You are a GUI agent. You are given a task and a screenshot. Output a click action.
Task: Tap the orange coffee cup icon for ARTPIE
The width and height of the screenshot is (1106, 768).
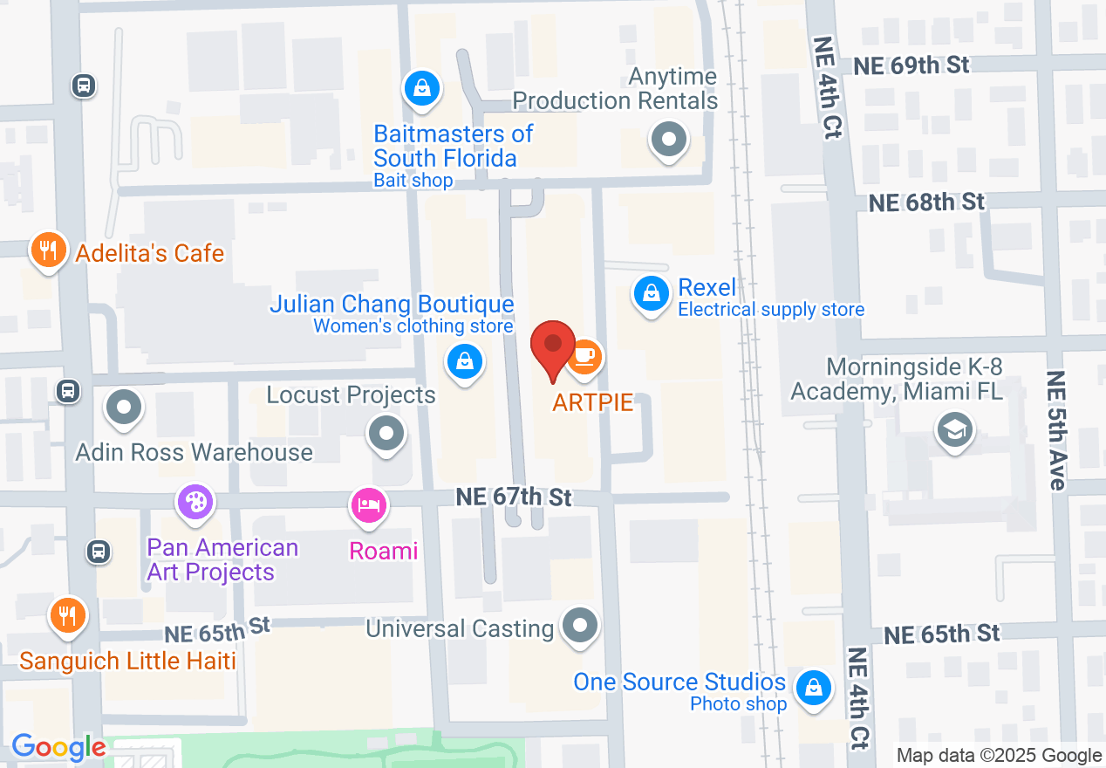pos(584,356)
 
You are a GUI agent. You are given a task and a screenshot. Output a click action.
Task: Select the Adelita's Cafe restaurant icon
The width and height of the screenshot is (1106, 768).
pos(48,251)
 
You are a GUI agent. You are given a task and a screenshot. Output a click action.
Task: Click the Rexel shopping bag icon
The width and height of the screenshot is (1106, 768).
pos(651,293)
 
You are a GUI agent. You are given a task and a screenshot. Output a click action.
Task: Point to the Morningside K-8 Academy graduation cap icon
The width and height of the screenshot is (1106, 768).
pos(954,429)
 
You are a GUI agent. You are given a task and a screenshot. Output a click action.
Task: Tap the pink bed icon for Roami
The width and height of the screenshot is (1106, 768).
pos(369,505)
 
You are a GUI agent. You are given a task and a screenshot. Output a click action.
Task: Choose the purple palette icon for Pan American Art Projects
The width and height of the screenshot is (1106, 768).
pos(195,503)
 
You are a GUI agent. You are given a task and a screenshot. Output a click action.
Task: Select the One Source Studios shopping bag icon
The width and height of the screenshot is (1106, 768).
pos(813,687)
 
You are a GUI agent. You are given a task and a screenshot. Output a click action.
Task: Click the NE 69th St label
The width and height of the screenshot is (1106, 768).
pos(911,65)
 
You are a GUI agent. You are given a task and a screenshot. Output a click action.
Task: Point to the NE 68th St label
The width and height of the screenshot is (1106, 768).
pos(927,202)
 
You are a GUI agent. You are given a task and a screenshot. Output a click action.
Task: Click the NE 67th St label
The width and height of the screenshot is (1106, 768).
pos(514,497)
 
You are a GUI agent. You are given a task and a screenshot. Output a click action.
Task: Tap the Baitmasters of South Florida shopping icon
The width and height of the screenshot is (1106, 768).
pos(422,87)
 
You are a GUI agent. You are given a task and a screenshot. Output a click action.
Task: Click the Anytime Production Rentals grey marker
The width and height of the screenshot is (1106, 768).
pos(669,139)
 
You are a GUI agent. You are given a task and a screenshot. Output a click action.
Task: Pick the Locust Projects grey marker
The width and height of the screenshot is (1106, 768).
pos(386,432)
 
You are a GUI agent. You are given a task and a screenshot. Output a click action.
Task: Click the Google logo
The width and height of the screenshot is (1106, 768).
pos(58,748)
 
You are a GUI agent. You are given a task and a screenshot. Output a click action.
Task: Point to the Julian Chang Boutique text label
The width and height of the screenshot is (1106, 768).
pos(392,304)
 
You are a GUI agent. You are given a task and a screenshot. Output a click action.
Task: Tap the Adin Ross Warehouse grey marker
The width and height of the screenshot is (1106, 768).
pos(124,407)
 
